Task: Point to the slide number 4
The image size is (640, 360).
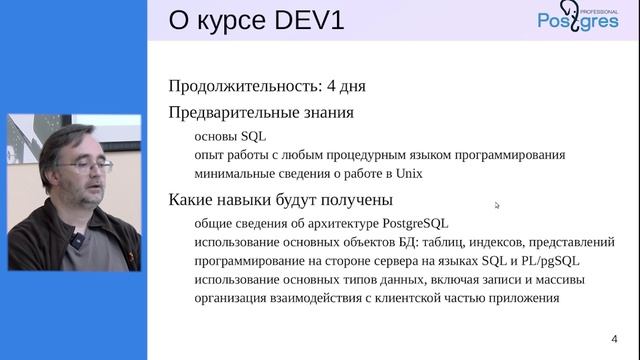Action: tap(614, 337)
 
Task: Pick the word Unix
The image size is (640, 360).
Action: tap(408, 173)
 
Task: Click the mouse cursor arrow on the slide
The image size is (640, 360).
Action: tap(497, 206)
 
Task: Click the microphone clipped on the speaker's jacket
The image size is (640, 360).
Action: tap(73, 243)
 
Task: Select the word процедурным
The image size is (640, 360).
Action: tap(346, 155)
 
